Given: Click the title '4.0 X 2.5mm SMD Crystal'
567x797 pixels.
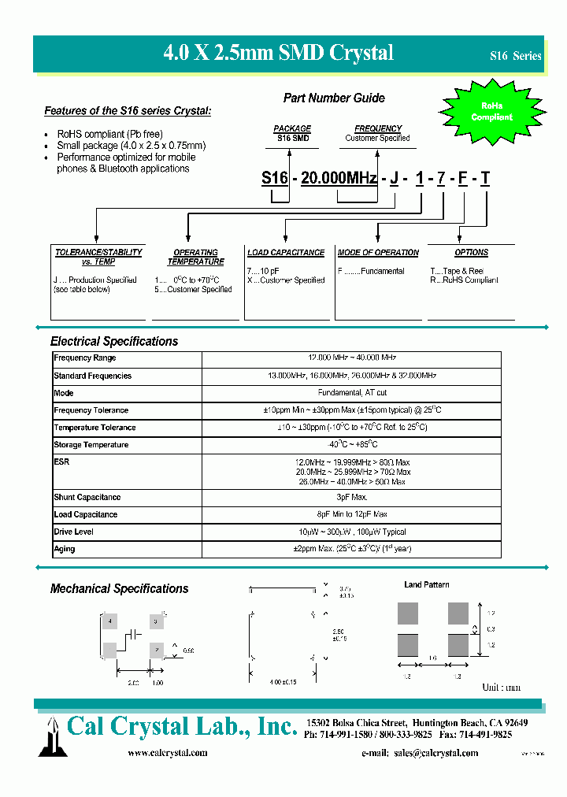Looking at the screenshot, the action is click(x=278, y=53).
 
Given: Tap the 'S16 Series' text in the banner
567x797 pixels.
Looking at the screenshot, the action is click(x=515, y=56).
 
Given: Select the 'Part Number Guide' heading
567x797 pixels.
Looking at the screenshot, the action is click(x=334, y=98).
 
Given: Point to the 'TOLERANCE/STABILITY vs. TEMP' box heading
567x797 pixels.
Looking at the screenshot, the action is click(x=98, y=257).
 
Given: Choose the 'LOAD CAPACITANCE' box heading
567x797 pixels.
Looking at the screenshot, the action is click(x=286, y=253).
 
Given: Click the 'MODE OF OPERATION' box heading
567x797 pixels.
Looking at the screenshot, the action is click(x=378, y=253).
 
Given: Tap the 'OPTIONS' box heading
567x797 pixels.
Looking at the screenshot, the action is click(x=471, y=253).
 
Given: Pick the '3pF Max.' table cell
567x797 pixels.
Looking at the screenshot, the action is click(x=351, y=498).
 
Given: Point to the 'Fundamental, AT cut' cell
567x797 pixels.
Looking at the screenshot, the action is click(x=351, y=393).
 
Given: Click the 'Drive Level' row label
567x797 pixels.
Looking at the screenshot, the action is click(x=74, y=532).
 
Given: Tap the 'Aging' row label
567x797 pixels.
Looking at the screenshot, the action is click(x=65, y=550).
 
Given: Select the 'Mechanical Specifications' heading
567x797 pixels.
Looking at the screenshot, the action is click(x=120, y=589).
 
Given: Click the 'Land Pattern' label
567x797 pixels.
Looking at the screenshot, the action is click(x=427, y=585).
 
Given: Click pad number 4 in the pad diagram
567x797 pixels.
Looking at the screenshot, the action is click(x=110, y=622).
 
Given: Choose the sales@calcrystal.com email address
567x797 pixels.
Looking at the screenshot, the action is click(x=435, y=753).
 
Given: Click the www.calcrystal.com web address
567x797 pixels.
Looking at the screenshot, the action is click(x=168, y=753).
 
